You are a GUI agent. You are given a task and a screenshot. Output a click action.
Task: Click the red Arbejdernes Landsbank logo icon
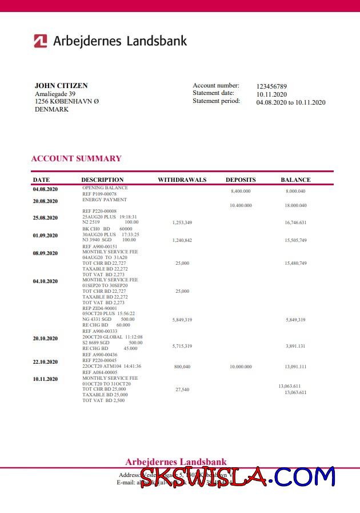coord(40,41)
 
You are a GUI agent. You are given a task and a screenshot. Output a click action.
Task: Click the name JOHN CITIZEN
coord(61,86)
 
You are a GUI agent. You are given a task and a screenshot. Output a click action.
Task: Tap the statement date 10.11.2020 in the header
coord(271,94)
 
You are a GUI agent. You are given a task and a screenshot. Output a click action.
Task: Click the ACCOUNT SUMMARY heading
coord(76,158)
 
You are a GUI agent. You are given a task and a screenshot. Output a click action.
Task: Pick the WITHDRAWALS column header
coord(182,180)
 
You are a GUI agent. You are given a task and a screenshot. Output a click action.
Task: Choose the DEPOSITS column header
coord(241,180)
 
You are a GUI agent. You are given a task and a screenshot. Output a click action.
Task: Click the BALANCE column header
coord(295,180)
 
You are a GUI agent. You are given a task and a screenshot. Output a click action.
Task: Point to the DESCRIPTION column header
coord(102,180)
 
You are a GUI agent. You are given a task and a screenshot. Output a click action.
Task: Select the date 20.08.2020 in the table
coord(45,201)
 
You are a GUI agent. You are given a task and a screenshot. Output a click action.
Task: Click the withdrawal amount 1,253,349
coord(182,222)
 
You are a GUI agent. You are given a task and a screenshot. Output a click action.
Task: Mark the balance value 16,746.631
coord(295,222)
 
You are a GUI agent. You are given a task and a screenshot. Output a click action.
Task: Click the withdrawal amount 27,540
coord(182,389)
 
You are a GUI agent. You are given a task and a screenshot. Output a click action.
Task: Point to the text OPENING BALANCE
coord(105,188)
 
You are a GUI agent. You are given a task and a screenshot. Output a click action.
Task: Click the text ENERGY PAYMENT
coord(105,200)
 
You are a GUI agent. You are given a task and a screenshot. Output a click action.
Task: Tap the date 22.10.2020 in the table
coord(45,362)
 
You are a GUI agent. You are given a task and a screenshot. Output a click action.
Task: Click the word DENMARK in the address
coord(51,109)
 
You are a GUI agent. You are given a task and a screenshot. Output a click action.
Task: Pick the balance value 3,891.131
coord(295,346)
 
